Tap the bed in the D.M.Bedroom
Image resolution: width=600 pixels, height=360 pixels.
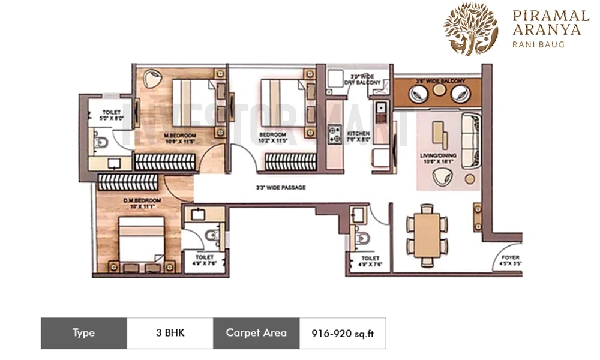(x=142, y=239)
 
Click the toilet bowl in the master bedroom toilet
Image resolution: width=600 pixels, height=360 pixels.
(x=100, y=143)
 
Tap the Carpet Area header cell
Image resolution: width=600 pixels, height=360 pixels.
(x=256, y=333)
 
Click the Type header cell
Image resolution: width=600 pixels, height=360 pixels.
(x=83, y=333)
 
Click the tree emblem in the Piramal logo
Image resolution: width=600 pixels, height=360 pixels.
(x=470, y=28)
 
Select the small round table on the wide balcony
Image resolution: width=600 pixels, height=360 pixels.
(x=440, y=89)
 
